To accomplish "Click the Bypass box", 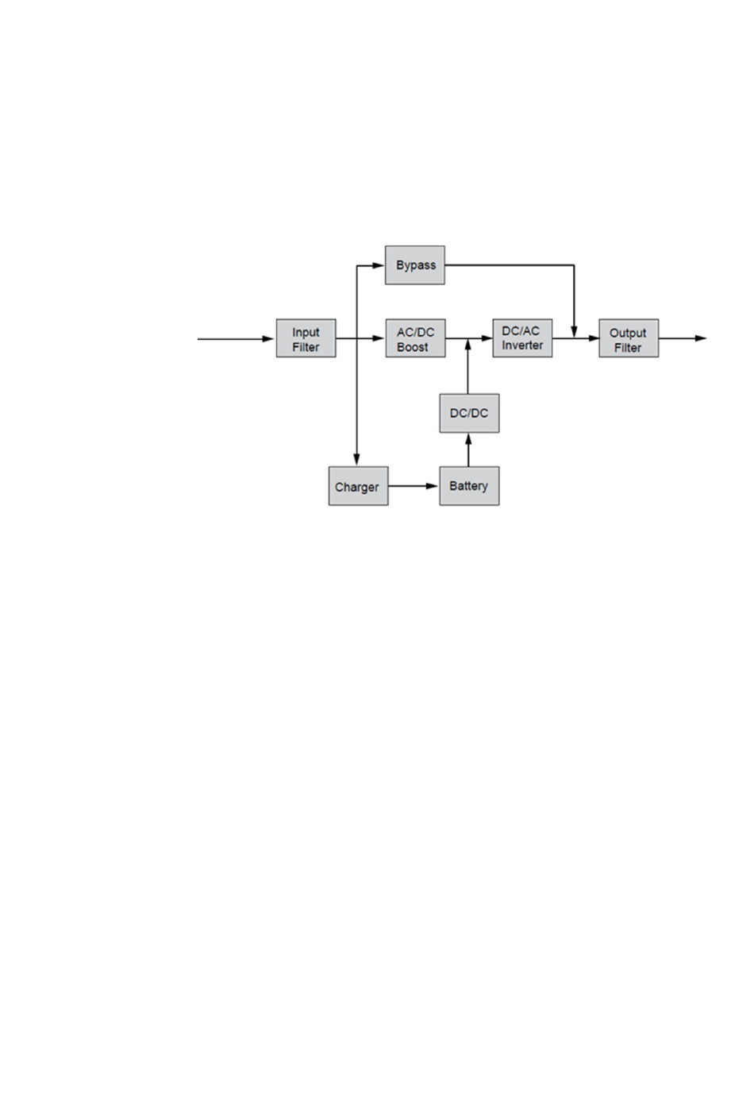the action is click(x=414, y=265).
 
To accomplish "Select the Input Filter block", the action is click(x=306, y=339).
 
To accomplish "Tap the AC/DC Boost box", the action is click(x=415, y=339).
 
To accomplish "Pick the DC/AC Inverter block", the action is click(x=522, y=338).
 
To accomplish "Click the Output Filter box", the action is click(x=628, y=339).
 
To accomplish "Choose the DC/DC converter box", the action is click(x=469, y=413).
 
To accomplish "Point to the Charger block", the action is click(x=358, y=486).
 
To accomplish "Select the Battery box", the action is click(x=469, y=486).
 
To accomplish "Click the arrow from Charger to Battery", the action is click(x=414, y=486).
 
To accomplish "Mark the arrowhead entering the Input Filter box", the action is click(x=269, y=339).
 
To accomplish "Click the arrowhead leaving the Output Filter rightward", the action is click(x=700, y=338).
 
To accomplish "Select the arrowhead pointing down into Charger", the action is click(x=357, y=460).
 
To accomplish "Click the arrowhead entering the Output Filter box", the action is click(x=593, y=338).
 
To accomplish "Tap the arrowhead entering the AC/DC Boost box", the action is click(x=379, y=338).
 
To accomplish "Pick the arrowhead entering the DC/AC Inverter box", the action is click(x=487, y=338).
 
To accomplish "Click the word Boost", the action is click(x=413, y=347).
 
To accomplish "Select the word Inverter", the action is click(x=522, y=345).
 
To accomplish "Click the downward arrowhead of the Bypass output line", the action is click(x=574, y=329).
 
